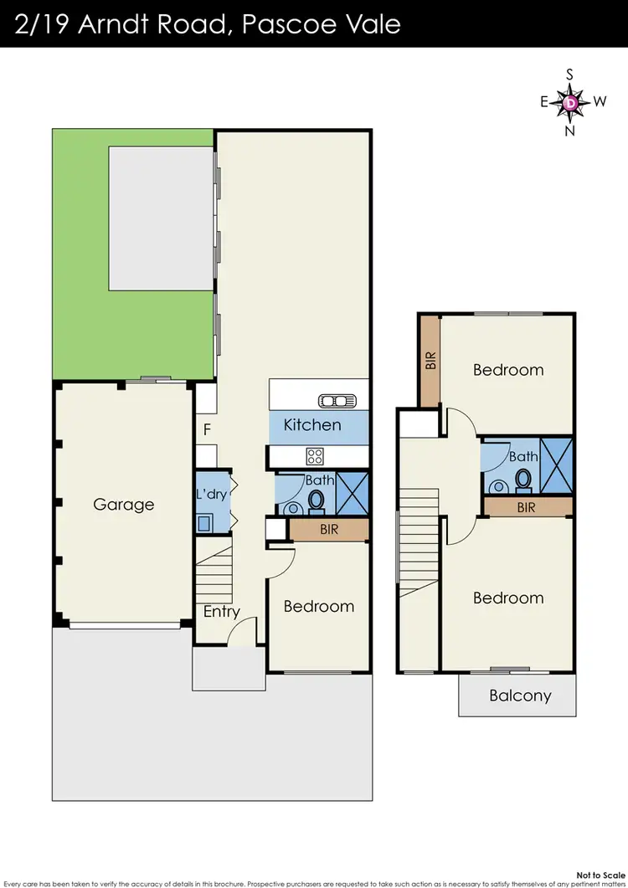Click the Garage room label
click(x=123, y=505)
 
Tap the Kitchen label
click(x=312, y=424)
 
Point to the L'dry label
click(x=211, y=495)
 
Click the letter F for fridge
click(x=207, y=431)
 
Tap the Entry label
click(x=222, y=612)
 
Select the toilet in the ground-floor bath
click(x=317, y=500)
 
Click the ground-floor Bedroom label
click(x=318, y=606)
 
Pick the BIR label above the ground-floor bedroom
click(x=329, y=530)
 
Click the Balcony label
click(x=520, y=696)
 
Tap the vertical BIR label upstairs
click(x=431, y=361)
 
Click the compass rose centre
click(x=570, y=102)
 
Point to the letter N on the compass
click(x=570, y=130)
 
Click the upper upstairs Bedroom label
click(x=507, y=370)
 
